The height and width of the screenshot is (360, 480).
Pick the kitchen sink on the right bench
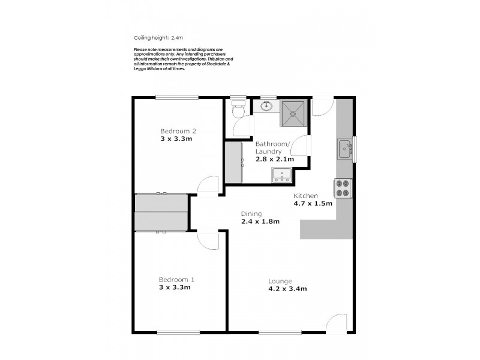click(344, 148)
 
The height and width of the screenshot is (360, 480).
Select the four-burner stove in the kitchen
click(343, 188)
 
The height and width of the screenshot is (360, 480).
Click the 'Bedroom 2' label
click(178, 131)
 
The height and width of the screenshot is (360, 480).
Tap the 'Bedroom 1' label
click(176, 280)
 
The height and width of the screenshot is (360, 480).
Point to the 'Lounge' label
click(280, 281)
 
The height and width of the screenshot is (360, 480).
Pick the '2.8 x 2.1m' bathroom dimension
click(274, 159)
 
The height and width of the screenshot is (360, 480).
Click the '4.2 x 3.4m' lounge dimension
click(287, 289)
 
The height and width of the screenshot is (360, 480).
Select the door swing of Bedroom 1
click(209, 241)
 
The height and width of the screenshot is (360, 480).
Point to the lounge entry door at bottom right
click(337, 323)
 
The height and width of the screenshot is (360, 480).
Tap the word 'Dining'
click(251, 213)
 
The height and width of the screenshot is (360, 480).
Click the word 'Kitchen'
click(305, 196)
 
